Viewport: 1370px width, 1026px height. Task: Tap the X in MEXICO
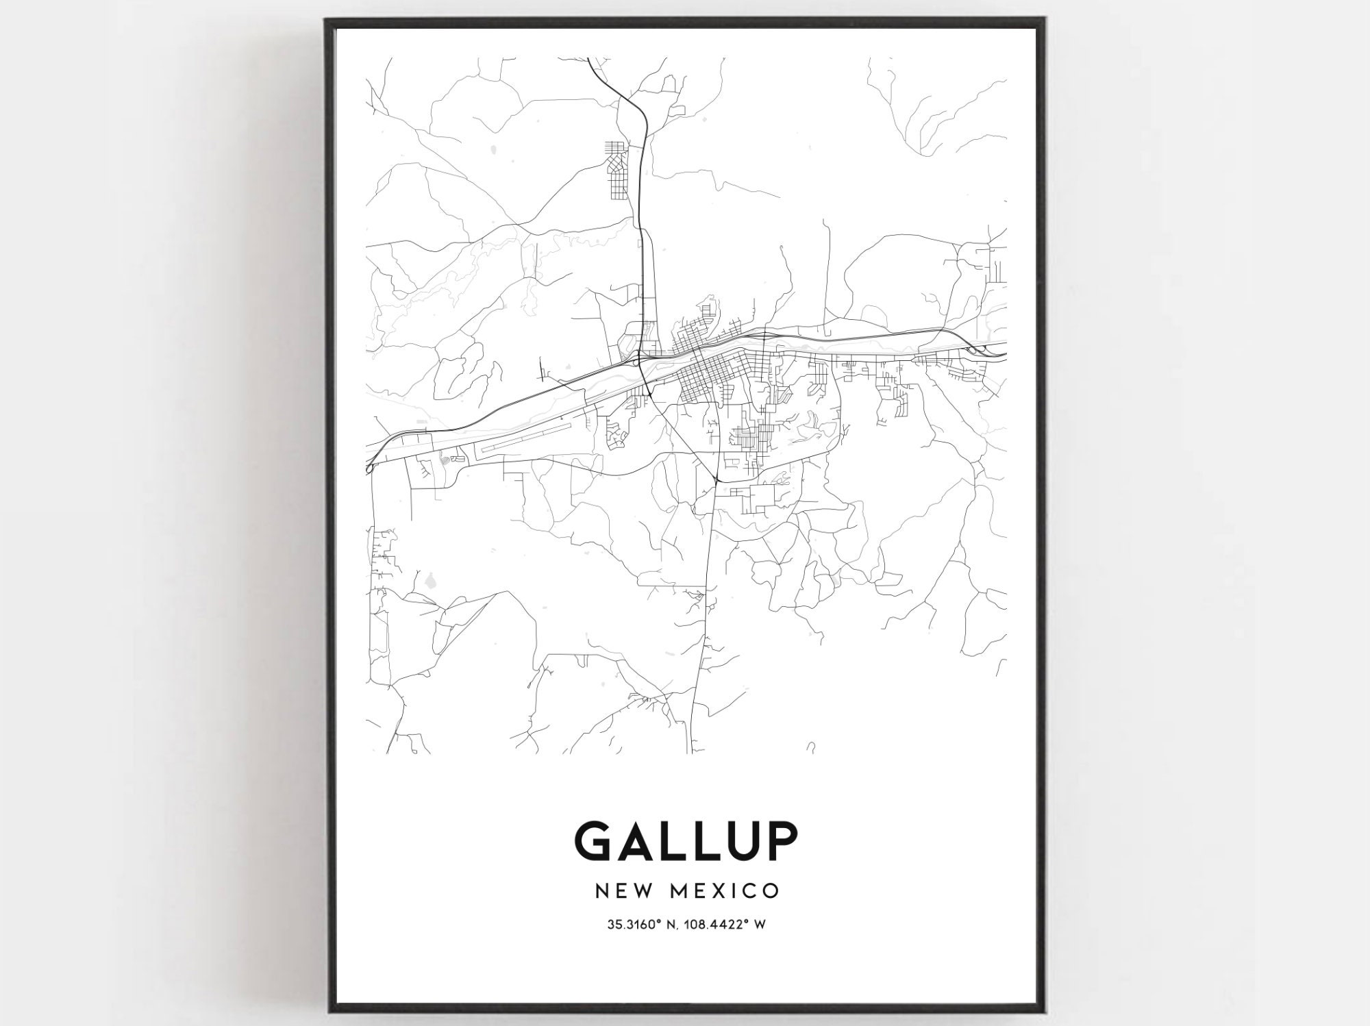[x=727, y=890]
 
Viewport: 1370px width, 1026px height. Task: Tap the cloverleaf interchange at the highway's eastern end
[x=975, y=351]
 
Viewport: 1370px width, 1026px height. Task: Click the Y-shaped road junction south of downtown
[x=714, y=479]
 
